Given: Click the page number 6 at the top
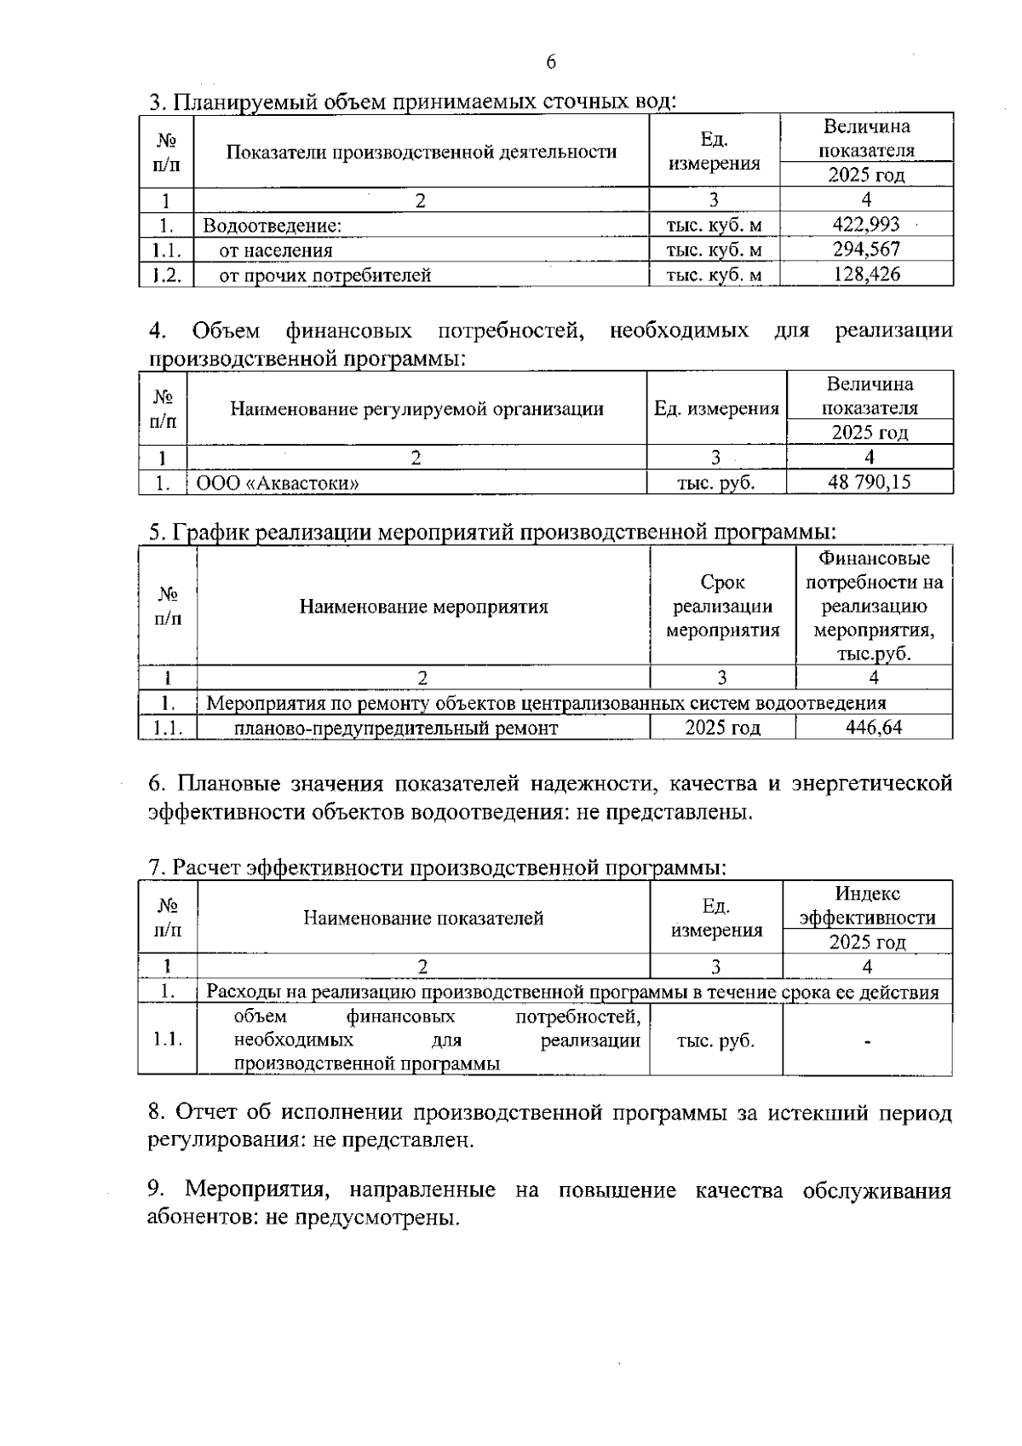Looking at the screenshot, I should coord(550,62).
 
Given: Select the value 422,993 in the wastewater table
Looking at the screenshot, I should coord(866,225).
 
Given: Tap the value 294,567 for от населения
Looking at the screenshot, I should coord(866,250).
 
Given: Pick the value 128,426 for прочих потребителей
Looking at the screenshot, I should coord(866,274).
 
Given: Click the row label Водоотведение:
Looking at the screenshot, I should coord(272,226).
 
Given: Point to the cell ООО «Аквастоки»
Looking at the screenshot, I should coord(278,483).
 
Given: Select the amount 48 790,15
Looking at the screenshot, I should coord(869,482).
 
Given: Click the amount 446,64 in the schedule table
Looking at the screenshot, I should coord(874,728).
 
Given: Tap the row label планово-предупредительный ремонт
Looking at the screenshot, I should coord(396,729).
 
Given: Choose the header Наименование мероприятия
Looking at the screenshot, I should coord(423,608).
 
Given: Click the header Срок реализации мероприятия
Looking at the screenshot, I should coord(722,607).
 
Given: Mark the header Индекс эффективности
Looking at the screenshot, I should coord(867,906).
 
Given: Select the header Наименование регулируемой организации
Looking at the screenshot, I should coord(416,409).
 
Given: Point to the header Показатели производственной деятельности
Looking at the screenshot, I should coord(422,153).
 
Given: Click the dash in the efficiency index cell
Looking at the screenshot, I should coord(867,1041).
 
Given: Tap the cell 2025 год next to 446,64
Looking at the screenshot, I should coord(722,729).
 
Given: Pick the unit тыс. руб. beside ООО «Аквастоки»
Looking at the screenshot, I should coord(715,483).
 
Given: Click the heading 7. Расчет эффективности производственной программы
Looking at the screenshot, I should coord(437,868).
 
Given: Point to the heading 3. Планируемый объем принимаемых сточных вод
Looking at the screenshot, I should coord(412,102).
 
